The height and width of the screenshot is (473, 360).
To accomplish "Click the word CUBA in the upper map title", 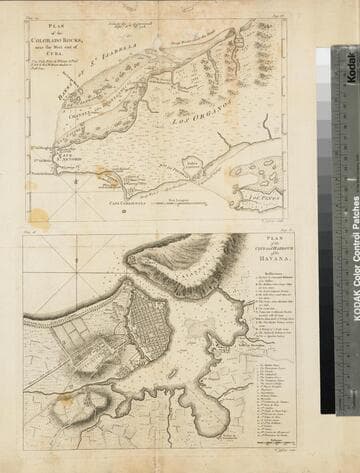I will pyautogui.click(x=61, y=57).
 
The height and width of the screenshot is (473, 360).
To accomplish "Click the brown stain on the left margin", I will pyautogui.click(x=38, y=216).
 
